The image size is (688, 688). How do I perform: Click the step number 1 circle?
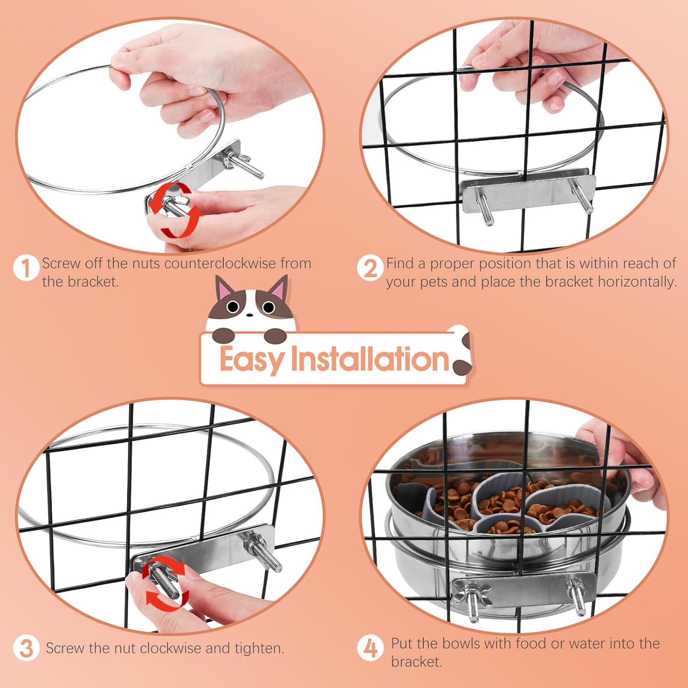(26, 268)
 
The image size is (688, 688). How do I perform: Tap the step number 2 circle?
(370, 268)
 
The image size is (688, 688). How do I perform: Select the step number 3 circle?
(26, 648)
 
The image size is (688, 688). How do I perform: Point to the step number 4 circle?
(370, 648)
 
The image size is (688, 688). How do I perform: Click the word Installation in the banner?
(370, 359)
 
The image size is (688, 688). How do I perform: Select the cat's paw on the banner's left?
(224, 335)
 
